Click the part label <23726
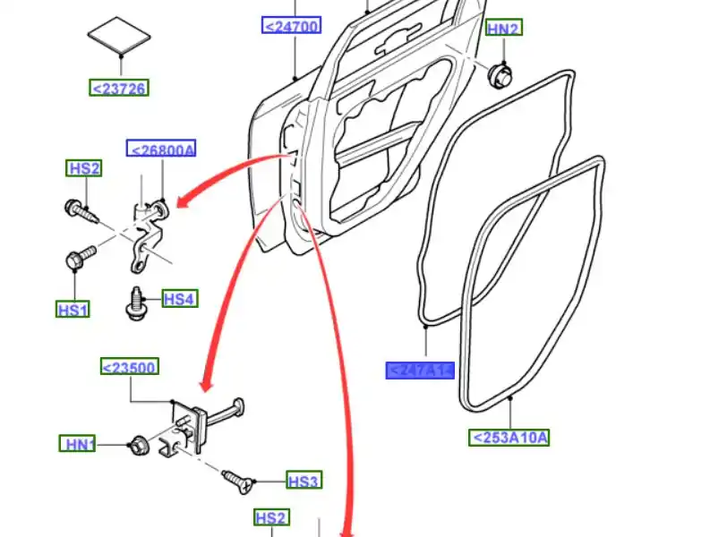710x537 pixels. [x=119, y=88]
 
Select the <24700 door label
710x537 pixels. [x=292, y=26]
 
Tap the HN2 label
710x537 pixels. [x=503, y=29]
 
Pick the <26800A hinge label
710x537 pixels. [x=161, y=149]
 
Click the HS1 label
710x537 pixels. [x=73, y=310]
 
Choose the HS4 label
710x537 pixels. [x=179, y=299]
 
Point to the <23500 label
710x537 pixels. [x=129, y=367]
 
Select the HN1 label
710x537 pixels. [x=79, y=443]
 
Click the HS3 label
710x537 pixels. [x=303, y=482]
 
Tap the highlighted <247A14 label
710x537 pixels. [x=420, y=371]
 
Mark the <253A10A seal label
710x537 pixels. [x=509, y=438]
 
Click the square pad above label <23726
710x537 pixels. [x=119, y=36]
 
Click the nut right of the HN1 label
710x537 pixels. [x=138, y=442]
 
